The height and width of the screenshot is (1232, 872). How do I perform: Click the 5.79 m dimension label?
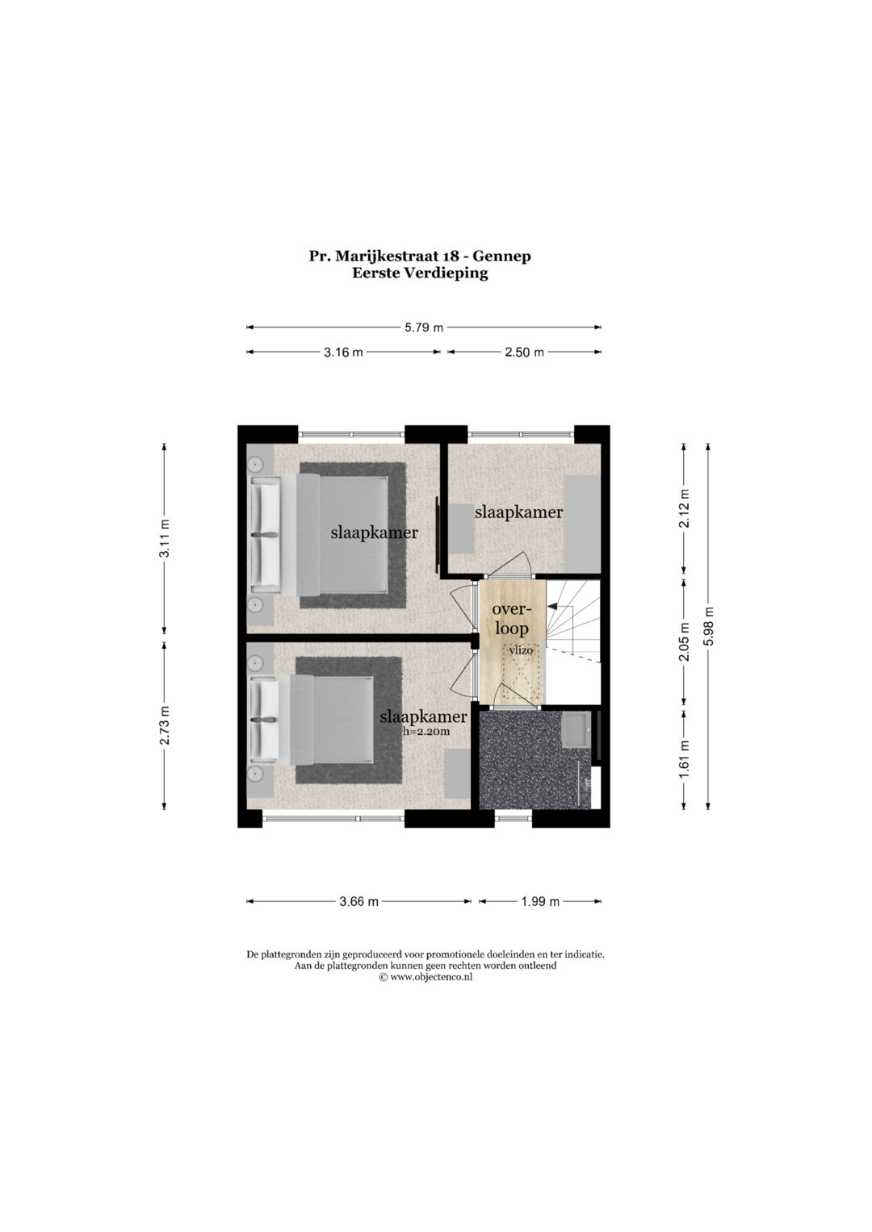point(424,328)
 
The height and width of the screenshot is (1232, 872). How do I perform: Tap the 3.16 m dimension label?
point(343,353)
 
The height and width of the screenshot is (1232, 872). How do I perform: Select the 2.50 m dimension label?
point(524,353)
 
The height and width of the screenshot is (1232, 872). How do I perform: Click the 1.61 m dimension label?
point(685,759)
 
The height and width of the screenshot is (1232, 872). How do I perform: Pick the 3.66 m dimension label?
point(358,901)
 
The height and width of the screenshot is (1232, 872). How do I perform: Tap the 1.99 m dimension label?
point(540,901)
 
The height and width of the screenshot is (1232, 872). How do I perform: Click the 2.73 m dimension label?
point(165,725)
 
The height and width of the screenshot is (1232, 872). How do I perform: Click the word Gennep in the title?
point(502,257)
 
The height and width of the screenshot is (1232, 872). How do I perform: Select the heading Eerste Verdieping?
point(420,274)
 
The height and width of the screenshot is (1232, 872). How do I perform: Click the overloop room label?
point(510,619)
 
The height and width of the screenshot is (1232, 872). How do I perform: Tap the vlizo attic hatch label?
point(521,650)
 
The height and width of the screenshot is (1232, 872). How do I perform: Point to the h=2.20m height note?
point(426,731)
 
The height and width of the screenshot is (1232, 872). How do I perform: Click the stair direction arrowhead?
point(551,607)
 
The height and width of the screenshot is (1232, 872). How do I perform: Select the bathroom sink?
point(575,729)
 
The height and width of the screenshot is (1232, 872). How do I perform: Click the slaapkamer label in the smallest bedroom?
point(518,512)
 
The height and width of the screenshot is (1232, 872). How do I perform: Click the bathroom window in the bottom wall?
point(513,818)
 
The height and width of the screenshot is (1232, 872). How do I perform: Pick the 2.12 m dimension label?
point(685,508)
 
